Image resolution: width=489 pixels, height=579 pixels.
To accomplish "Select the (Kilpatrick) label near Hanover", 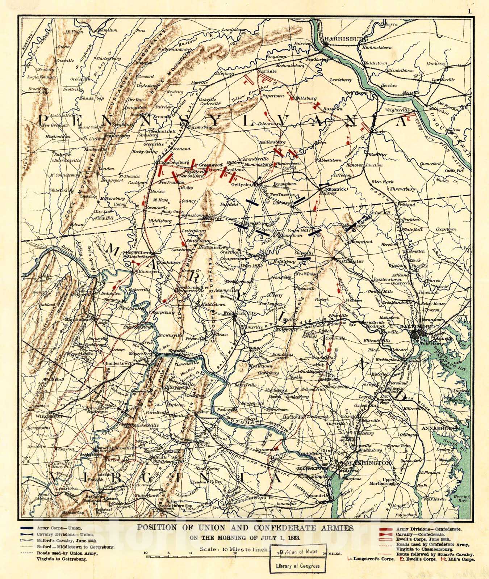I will coord(336,189).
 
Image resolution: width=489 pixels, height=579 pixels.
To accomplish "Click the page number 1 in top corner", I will coord(470,11).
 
